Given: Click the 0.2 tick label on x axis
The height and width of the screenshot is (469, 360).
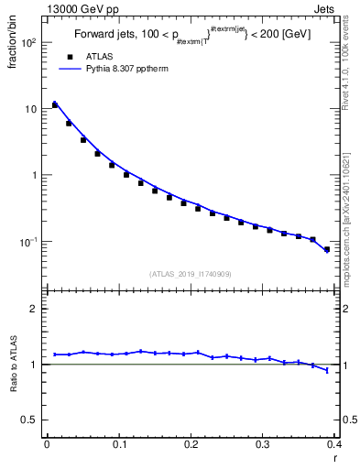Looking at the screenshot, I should pos(191,445).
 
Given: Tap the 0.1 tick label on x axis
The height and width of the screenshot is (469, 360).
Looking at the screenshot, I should pos(118,445).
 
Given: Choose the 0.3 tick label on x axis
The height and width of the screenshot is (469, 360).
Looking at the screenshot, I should pos(262,445).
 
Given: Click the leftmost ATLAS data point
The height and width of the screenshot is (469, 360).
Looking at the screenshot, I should pos(54,105).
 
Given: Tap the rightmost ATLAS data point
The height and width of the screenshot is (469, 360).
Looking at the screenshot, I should pos(327,249).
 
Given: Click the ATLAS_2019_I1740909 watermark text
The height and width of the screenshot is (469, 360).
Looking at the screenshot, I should pos(191,274).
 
